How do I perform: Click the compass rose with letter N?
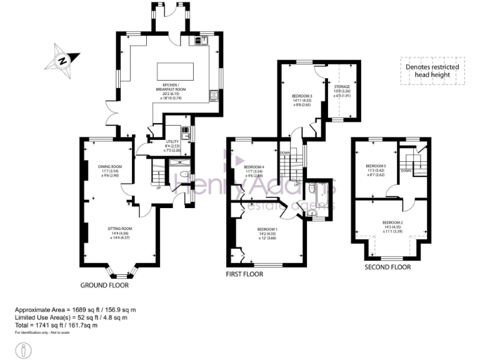(x=62, y=59)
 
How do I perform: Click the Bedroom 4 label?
(x=254, y=170)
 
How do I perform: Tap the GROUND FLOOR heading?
(x=104, y=285)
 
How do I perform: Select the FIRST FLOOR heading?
(x=244, y=274)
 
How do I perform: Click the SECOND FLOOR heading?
(x=387, y=267)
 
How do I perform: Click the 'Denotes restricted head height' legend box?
(x=432, y=71)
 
